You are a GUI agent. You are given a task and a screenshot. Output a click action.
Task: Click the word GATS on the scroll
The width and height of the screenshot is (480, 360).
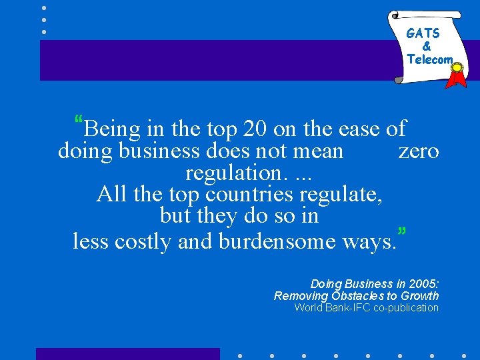pos(423,33)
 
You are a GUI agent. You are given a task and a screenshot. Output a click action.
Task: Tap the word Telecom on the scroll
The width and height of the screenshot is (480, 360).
pos(430,59)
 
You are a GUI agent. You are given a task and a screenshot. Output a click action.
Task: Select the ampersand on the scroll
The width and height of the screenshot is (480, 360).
pos(427,47)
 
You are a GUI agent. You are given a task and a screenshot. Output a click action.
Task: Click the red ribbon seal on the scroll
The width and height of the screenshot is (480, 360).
pos(457,75)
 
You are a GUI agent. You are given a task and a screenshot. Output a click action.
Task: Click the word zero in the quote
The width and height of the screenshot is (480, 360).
pos(419,151)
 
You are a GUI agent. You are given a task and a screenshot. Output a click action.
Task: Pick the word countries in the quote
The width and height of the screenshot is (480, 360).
pos(250,195)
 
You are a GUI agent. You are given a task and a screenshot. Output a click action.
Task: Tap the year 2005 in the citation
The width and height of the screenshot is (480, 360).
pos(425,284)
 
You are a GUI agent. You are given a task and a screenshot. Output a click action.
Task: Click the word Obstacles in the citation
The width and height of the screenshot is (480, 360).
pos(355,295)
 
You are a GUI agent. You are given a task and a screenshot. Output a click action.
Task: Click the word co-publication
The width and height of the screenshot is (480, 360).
pos(406,307)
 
